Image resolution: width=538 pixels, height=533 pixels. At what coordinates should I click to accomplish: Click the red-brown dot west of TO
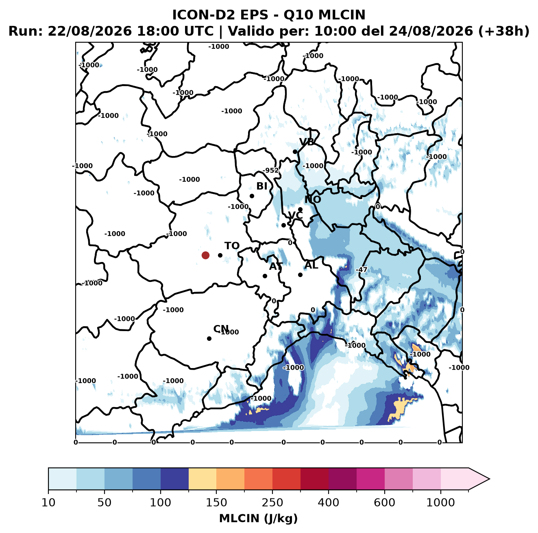click(205, 255)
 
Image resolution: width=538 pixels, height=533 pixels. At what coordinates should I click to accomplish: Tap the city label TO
click(232, 246)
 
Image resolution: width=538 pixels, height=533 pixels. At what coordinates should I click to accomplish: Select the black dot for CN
click(209, 338)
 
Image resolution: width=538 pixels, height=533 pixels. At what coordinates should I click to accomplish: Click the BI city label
click(262, 186)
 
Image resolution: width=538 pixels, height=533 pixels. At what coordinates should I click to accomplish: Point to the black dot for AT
click(265, 276)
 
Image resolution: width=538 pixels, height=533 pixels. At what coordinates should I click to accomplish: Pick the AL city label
click(311, 265)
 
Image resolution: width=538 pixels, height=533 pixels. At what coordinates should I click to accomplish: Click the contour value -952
click(271, 170)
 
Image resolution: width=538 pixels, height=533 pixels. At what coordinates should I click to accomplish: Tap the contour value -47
click(362, 269)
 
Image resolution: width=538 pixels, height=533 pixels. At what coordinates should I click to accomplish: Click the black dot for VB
click(295, 152)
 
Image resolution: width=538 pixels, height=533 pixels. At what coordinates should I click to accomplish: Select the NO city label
click(313, 199)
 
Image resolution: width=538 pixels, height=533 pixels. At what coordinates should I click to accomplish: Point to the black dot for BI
click(252, 196)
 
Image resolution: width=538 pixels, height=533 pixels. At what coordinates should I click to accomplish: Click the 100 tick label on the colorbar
click(161, 503)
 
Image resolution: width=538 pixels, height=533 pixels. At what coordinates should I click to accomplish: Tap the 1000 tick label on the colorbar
click(440, 503)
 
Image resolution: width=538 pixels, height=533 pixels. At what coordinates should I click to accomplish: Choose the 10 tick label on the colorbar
click(48, 503)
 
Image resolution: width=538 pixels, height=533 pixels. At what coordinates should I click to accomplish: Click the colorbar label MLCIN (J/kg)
click(259, 518)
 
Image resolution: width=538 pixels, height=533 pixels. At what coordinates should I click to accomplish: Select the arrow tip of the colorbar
click(489, 479)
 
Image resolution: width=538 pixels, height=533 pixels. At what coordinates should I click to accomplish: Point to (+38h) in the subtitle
click(504, 31)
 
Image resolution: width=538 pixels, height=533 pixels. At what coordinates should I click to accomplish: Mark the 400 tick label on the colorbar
click(329, 503)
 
